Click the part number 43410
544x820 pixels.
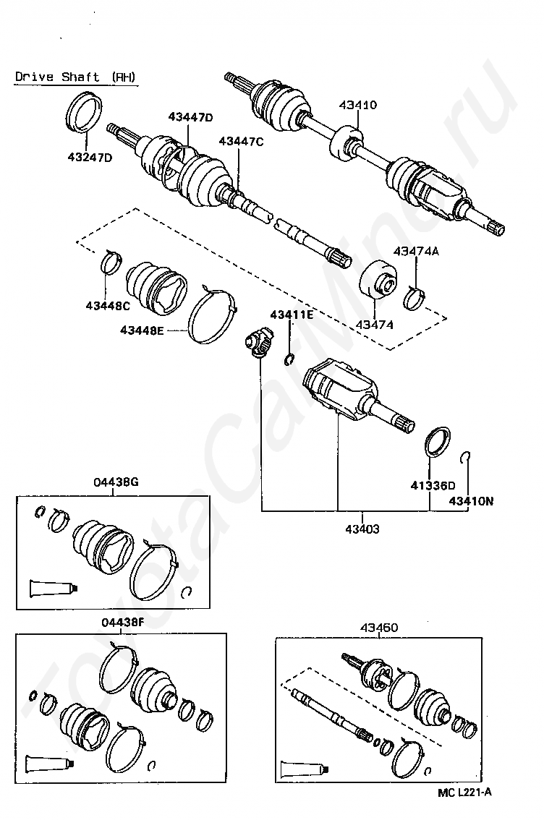[x=358, y=105]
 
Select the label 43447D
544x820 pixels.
[x=190, y=116]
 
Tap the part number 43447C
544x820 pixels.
[x=241, y=142]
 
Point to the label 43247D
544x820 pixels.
[x=90, y=157]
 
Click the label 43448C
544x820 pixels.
[x=108, y=305]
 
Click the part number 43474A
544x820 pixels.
[x=417, y=251]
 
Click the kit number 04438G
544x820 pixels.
[x=116, y=482]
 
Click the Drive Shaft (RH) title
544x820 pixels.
[x=75, y=77]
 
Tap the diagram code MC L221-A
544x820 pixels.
[x=464, y=792]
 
